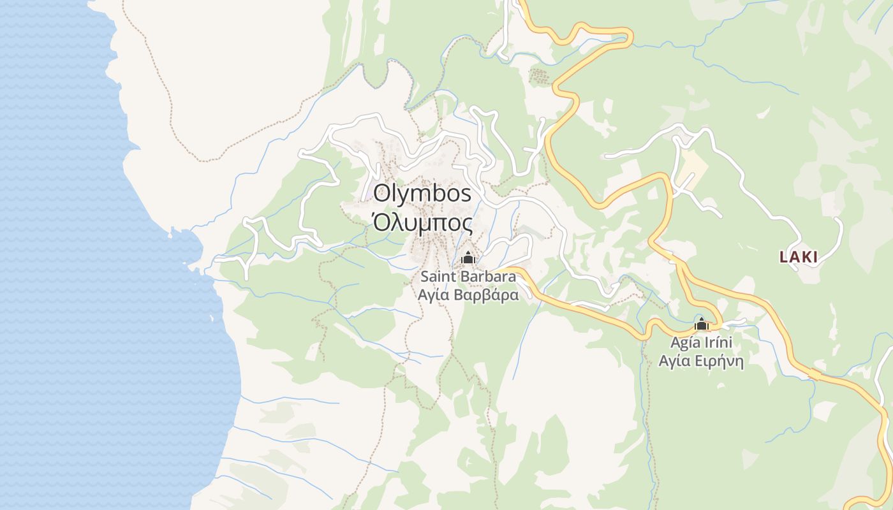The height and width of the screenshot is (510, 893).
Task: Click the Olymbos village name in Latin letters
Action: pyautogui.click(x=422, y=193)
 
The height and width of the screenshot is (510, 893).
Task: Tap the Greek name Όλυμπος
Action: pyautogui.click(x=422, y=224)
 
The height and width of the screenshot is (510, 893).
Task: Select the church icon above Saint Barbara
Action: pyautogui.click(x=468, y=258)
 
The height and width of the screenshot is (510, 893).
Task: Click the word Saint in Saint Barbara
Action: pyautogui.click(x=438, y=277)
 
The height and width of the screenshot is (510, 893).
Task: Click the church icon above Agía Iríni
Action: pyautogui.click(x=702, y=324)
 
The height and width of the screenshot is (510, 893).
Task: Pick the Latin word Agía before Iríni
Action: pyautogui.click(x=684, y=342)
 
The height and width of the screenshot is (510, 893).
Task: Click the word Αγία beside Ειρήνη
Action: pyautogui.click(x=672, y=361)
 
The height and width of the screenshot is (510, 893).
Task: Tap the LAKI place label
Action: pyautogui.click(x=798, y=258)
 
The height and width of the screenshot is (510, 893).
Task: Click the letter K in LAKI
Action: pyautogui.click(x=804, y=258)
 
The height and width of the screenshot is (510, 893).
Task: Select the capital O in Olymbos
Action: pyautogui.click(x=383, y=193)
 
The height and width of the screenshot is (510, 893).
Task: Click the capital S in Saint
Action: pyautogui.click(x=425, y=277)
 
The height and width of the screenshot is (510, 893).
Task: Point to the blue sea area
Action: pyautogui.click(x=77, y=287)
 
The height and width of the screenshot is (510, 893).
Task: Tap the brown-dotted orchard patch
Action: pyautogui.click(x=540, y=77)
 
